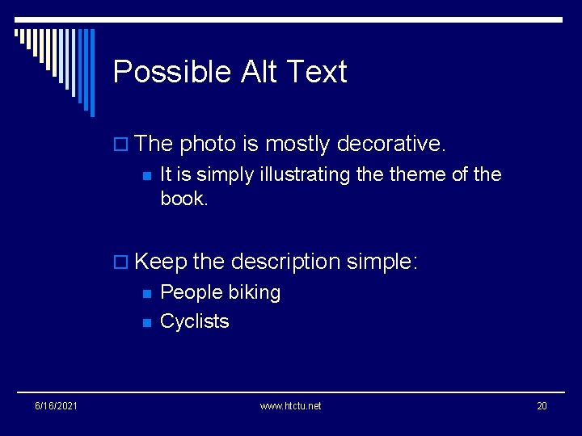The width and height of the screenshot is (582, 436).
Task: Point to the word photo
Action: (x=207, y=145)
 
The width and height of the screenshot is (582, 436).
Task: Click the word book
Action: (x=183, y=199)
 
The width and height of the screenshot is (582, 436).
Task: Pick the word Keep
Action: (x=161, y=262)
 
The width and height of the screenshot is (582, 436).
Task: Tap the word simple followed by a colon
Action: (x=382, y=262)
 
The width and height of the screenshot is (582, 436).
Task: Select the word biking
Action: (x=254, y=292)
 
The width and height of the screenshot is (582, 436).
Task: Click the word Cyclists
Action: (x=195, y=321)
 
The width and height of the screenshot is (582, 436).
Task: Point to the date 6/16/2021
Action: (x=56, y=405)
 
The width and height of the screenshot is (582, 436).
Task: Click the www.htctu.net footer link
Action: (x=290, y=405)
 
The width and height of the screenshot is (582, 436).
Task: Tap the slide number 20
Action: (x=542, y=405)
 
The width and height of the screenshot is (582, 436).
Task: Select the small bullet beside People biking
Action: (x=146, y=293)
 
